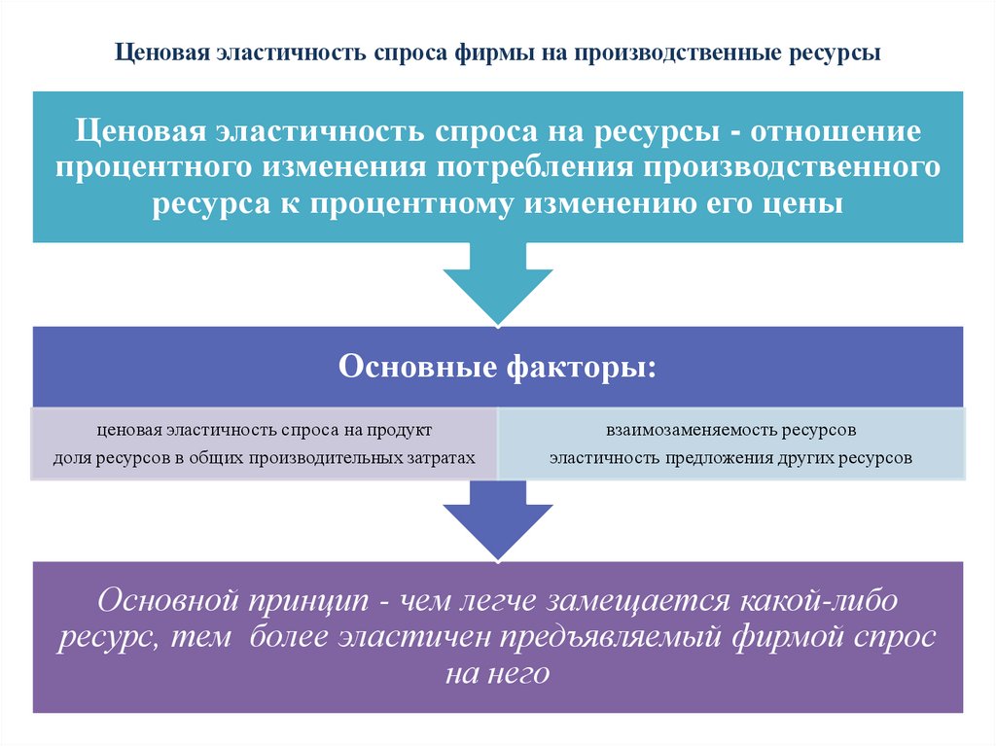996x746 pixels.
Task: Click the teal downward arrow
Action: (x=498, y=282)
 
